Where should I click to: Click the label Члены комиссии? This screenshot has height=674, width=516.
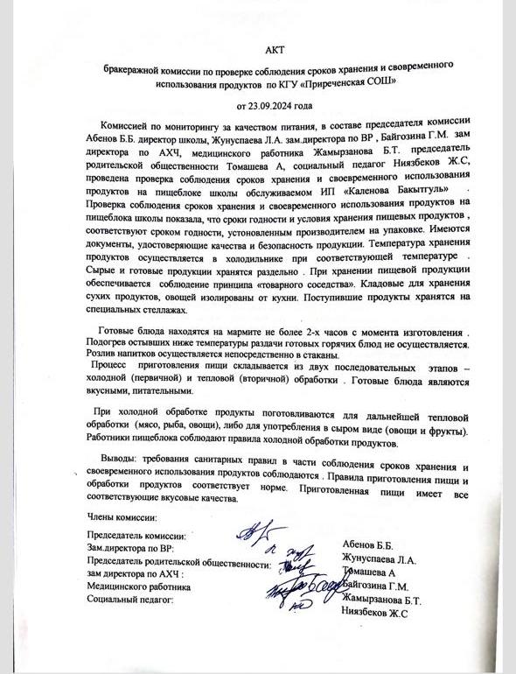click(122, 516)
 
